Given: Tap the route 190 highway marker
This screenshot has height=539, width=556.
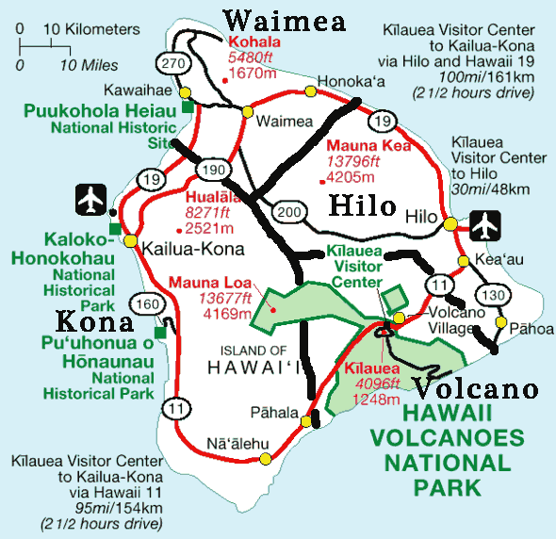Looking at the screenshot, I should pos(214,170).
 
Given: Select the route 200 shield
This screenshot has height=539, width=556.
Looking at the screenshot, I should pos(290,214).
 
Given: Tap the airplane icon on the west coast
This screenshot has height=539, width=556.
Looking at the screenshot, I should pos(90,200).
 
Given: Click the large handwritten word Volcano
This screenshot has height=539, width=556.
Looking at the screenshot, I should pos(476,388).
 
